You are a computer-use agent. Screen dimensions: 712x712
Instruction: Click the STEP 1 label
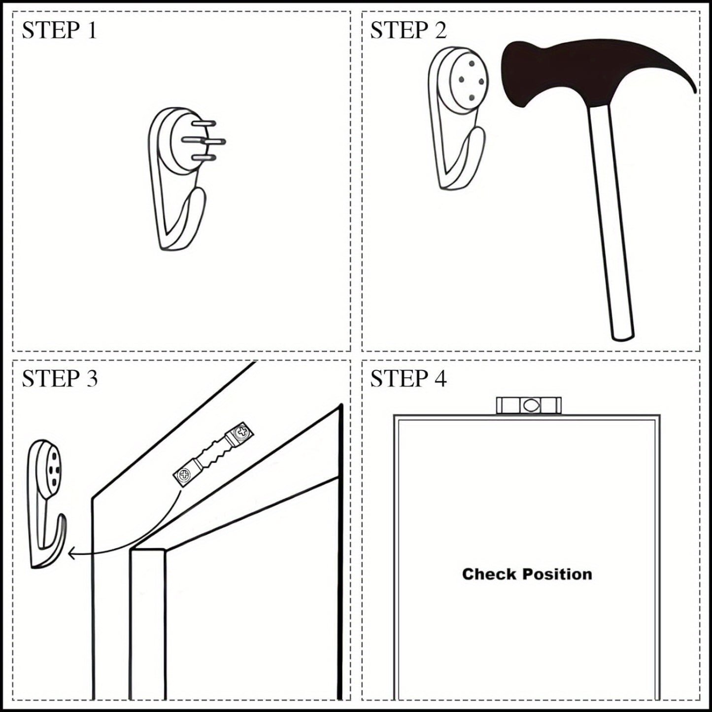pos(59,30)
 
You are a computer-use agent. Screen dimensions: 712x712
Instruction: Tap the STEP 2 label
pos(408,30)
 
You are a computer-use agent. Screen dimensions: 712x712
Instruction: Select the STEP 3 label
pos(60,378)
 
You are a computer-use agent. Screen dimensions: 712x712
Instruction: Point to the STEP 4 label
pos(408,378)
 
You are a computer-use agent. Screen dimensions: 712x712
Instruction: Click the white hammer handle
pos(610,222)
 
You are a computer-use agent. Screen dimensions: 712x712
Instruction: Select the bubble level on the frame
pos(529,406)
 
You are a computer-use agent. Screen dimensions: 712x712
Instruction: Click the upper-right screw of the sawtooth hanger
pos(242,431)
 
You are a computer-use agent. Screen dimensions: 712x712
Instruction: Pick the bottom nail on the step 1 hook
pos(203,158)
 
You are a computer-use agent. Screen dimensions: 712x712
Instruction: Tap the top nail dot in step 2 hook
pos(472,63)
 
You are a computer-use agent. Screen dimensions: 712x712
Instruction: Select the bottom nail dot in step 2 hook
pos(472,98)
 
